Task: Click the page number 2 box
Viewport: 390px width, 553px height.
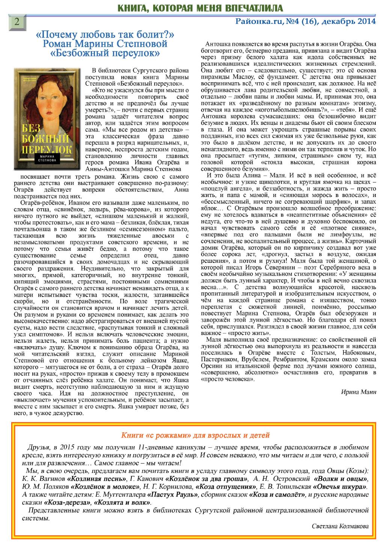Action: pos(17,22)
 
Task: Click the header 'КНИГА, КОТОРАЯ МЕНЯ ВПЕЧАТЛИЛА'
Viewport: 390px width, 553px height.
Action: pos(201,8)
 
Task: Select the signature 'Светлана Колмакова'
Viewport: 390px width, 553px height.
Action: pos(340,526)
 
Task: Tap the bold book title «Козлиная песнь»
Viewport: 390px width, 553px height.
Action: pos(96,479)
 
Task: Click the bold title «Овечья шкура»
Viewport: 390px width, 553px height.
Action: pos(340,487)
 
